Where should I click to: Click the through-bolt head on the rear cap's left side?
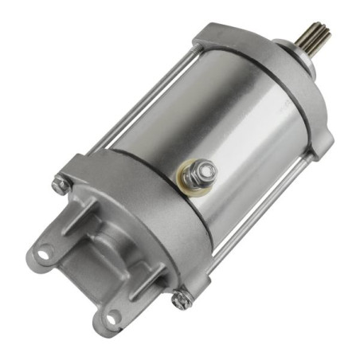(x=60, y=186)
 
